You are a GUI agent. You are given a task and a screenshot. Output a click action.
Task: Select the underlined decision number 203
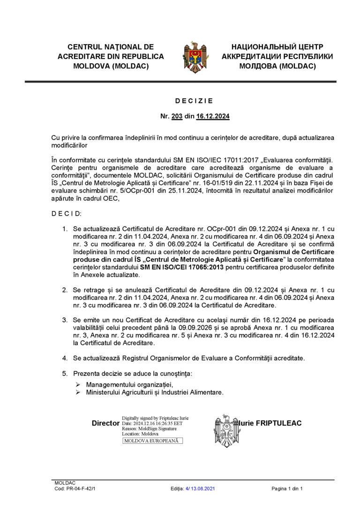coord(177,116)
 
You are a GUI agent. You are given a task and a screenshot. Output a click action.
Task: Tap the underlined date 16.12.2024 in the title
coord(213,116)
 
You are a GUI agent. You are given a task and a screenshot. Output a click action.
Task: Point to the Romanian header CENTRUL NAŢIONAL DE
coord(111,47)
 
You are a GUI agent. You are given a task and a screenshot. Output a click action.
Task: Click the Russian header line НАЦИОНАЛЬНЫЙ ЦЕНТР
coord(277,47)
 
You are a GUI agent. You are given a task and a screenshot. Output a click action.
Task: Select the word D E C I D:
coord(66,213)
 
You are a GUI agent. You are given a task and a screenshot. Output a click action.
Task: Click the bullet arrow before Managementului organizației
coord(78,384)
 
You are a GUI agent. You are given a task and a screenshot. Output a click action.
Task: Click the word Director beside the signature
coord(105,423)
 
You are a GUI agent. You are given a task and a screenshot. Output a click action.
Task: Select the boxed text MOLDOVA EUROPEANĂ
coord(152,441)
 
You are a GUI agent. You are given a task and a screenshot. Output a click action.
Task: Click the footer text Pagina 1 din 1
coord(287,489)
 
